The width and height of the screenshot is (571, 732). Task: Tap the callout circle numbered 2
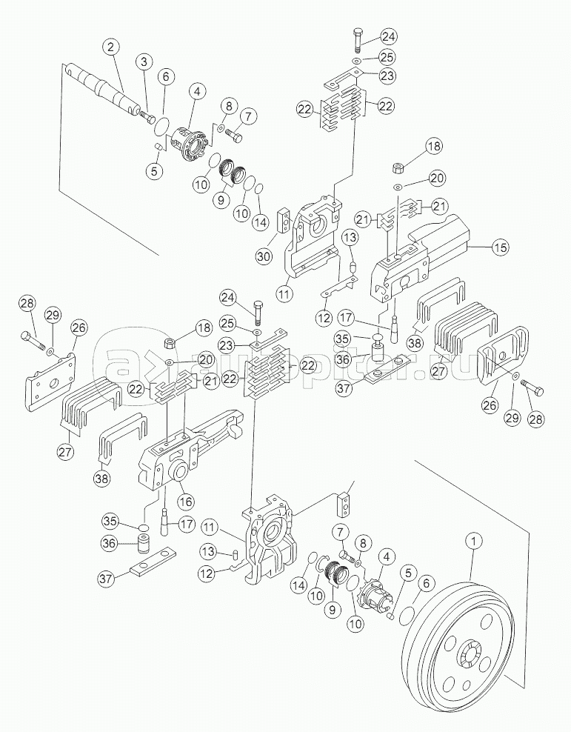[x=111, y=49]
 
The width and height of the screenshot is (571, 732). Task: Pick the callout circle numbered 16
[x=184, y=502]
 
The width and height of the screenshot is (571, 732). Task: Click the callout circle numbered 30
[x=263, y=256]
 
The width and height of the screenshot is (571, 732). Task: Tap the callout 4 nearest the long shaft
[x=196, y=93]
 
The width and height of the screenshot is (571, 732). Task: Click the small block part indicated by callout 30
[x=282, y=221]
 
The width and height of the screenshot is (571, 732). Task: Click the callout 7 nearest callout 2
[x=247, y=116]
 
